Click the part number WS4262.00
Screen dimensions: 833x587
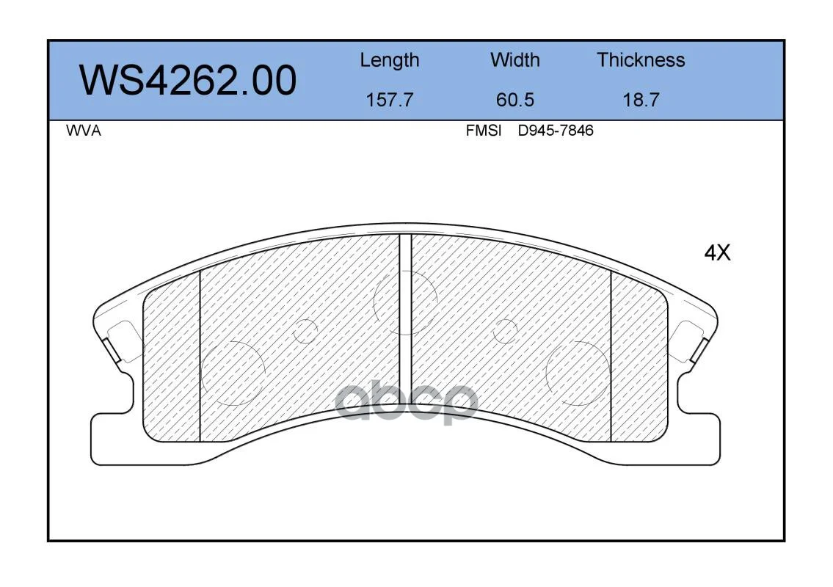point(188,80)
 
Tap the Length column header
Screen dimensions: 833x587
point(390,61)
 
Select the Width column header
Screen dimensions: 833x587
point(514,59)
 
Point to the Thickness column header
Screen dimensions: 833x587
point(641,59)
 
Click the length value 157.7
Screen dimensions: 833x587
point(390,100)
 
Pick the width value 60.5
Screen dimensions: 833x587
point(514,100)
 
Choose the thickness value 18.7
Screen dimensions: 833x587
point(641,100)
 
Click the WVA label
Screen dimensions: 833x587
point(84,131)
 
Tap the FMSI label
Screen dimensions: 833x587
point(484,131)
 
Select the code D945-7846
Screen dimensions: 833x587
point(556,131)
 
